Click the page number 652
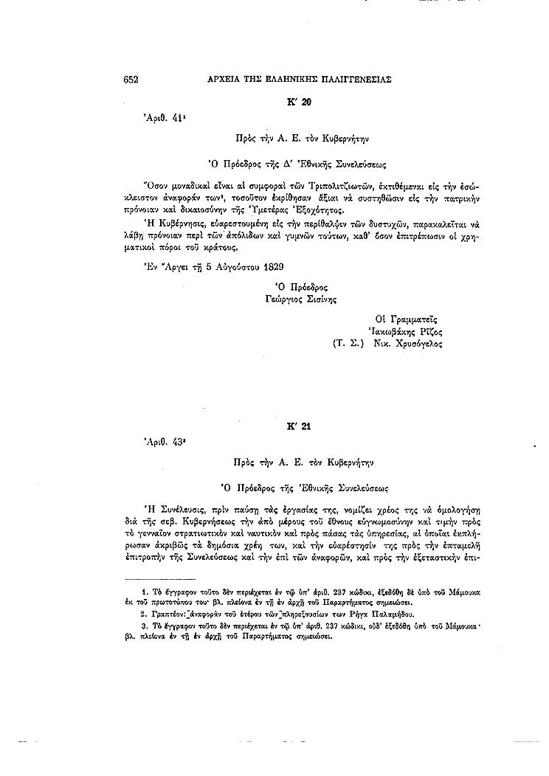[x=132, y=79]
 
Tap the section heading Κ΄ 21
[x=297, y=427]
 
